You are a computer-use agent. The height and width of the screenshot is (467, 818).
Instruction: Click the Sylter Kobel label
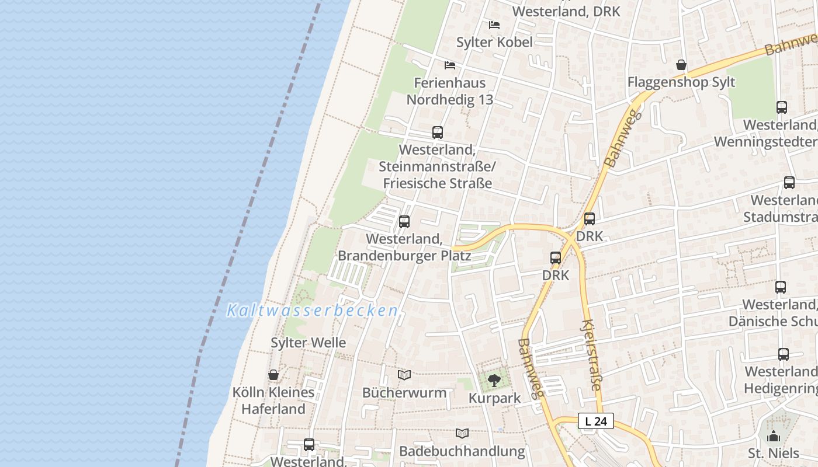click(x=494, y=42)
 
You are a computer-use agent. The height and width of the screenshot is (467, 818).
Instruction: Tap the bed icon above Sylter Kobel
click(x=494, y=25)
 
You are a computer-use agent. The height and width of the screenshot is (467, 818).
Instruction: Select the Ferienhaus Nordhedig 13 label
click(x=450, y=91)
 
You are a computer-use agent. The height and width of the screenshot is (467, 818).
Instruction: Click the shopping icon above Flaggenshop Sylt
click(x=681, y=65)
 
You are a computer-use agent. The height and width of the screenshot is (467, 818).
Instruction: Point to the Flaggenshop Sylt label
click(x=681, y=82)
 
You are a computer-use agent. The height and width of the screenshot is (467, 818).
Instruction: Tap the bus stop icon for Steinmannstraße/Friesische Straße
click(x=438, y=133)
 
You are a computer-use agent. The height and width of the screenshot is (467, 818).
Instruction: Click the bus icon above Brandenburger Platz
click(x=404, y=222)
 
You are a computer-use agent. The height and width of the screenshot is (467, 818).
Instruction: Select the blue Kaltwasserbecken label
click(x=312, y=311)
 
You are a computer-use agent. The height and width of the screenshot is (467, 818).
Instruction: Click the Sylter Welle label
click(x=309, y=343)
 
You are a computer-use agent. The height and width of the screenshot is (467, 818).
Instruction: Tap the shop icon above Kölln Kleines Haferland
click(x=273, y=375)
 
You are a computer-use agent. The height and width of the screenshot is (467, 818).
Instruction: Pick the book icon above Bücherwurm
click(x=404, y=375)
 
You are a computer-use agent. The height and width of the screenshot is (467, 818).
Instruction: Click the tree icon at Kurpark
click(x=494, y=381)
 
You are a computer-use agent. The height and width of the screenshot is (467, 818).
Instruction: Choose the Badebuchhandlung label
click(x=462, y=451)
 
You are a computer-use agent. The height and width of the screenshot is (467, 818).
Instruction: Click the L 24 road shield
click(x=596, y=421)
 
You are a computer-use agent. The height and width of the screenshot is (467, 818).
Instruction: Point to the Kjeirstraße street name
click(x=592, y=355)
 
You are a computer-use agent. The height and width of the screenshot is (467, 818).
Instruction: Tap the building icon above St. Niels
click(x=774, y=436)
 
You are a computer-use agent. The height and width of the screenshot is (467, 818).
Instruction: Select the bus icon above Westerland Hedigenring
click(x=783, y=354)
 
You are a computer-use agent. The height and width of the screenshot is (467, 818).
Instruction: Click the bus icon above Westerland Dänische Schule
click(x=781, y=287)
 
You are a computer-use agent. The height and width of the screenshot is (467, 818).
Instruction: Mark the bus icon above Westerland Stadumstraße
click(x=789, y=183)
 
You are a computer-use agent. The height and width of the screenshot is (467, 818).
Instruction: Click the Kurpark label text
click(x=494, y=399)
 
